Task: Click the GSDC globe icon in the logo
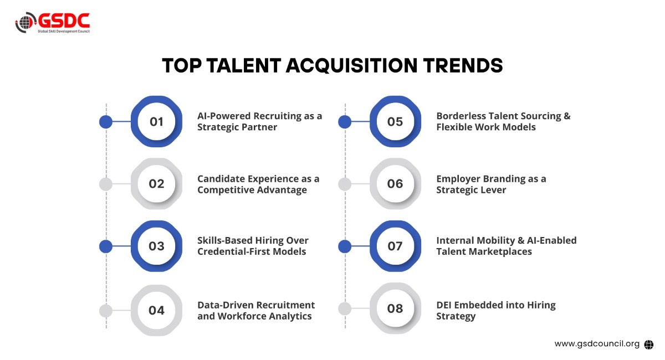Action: click(x=25, y=22)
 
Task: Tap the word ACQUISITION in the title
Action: click(x=351, y=65)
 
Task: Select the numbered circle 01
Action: click(x=156, y=121)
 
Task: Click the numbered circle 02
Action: click(x=156, y=184)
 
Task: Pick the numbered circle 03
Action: click(x=156, y=246)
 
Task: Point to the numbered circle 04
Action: click(x=156, y=310)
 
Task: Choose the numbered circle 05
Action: click(x=395, y=121)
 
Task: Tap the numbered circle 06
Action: click(x=395, y=184)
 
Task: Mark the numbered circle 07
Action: click(x=395, y=246)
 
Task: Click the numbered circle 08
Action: click(x=395, y=308)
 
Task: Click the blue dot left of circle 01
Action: click(x=106, y=122)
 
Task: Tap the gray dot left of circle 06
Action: click(x=345, y=184)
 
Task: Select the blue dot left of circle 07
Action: click(x=345, y=246)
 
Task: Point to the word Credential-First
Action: click(x=234, y=251)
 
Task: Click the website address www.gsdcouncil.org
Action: click(x=597, y=344)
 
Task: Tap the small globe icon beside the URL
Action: click(x=649, y=344)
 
